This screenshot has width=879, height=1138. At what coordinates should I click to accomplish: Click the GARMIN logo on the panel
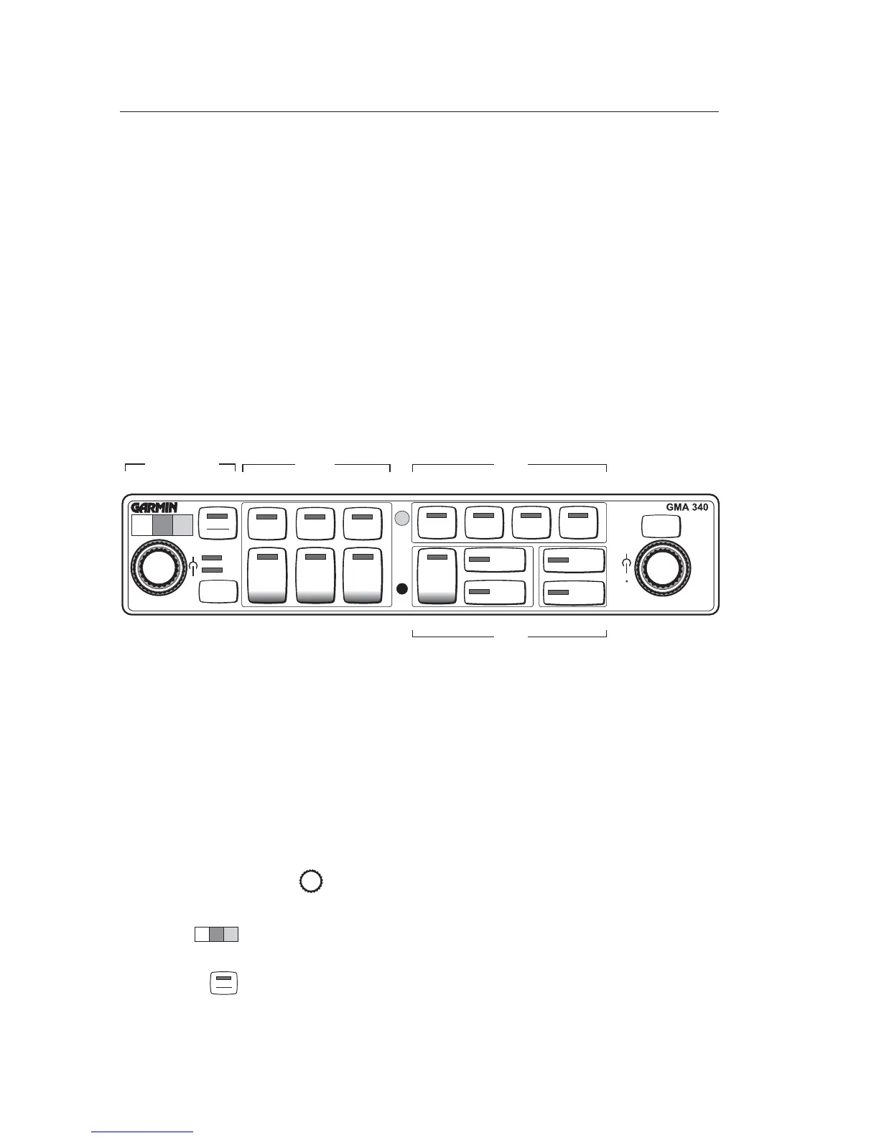click(154, 507)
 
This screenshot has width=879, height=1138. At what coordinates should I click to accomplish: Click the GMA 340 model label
click(687, 506)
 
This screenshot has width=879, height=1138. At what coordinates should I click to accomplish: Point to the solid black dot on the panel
click(402, 589)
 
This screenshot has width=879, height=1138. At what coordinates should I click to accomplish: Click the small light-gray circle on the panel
click(402, 517)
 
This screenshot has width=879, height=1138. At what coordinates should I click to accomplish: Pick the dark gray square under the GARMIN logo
click(163, 525)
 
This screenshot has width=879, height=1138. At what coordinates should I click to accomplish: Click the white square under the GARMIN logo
click(142, 525)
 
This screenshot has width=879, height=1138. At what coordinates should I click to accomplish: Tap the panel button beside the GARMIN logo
click(218, 522)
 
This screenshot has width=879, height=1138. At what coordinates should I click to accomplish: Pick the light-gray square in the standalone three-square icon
click(231, 935)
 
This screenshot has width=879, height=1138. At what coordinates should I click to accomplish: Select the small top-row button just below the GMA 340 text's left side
click(661, 526)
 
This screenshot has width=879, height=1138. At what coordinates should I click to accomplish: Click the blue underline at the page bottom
click(143, 1132)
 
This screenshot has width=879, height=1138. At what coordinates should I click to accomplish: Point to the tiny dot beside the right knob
click(626, 583)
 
